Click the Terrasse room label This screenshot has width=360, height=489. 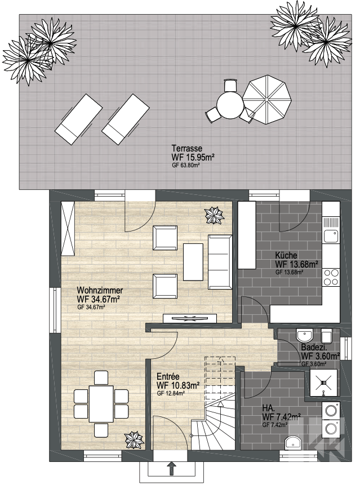187,149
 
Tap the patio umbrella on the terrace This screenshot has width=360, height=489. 267,99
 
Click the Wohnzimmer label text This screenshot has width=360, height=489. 100,290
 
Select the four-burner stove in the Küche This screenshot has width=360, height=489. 331,277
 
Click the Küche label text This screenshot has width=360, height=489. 286,255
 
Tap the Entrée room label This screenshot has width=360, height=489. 168,377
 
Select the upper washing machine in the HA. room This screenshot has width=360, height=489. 331,410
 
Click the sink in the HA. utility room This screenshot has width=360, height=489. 294,443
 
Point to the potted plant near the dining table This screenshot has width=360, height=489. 134,439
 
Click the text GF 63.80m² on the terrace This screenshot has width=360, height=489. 185,166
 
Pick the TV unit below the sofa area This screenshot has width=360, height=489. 190,318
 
